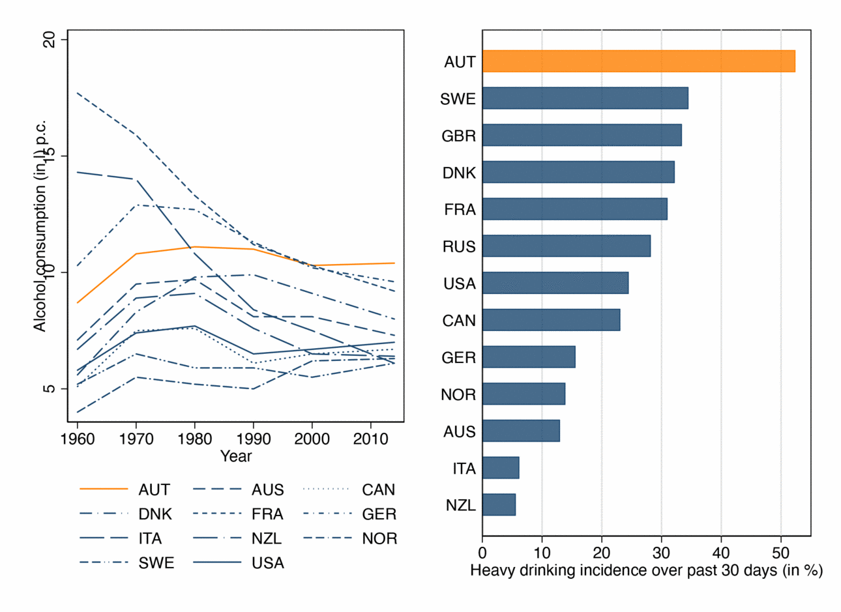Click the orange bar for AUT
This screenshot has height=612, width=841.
click(x=638, y=61)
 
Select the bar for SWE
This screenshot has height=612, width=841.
click(x=585, y=98)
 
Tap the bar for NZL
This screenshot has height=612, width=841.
click(x=499, y=505)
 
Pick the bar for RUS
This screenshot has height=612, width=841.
click(x=566, y=246)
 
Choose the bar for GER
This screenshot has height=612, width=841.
click(x=529, y=357)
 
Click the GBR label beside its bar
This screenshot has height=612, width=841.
click(x=459, y=136)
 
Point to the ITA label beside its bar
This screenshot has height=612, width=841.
click(x=464, y=469)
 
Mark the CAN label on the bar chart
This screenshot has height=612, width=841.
click(x=459, y=321)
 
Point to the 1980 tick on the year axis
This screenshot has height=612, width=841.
click(x=194, y=439)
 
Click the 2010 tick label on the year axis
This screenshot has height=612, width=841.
click(x=370, y=439)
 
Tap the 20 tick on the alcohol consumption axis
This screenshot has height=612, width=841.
click(x=50, y=40)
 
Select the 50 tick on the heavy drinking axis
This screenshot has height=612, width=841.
click(x=781, y=553)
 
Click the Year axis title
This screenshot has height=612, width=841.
click(x=236, y=456)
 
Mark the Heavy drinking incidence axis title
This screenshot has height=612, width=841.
click(x=646, y=571)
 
